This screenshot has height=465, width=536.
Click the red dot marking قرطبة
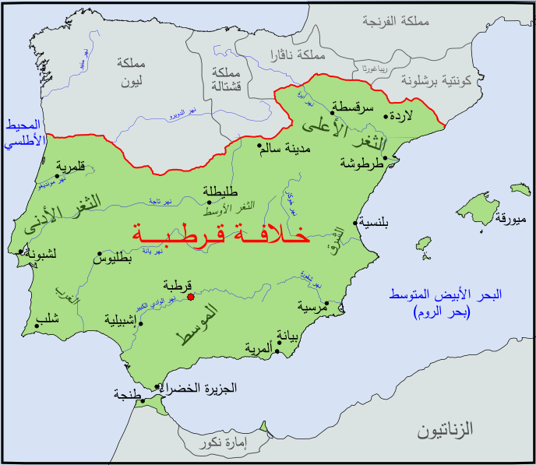pyautogui.click(x=191, y=295)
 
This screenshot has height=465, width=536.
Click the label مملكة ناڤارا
pyautogui.click(x=294, y=55)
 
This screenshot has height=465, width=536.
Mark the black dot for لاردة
pyautogui.click(x=386, y=117)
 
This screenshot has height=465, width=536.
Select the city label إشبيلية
pyautogui.click(x=125, y=319)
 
